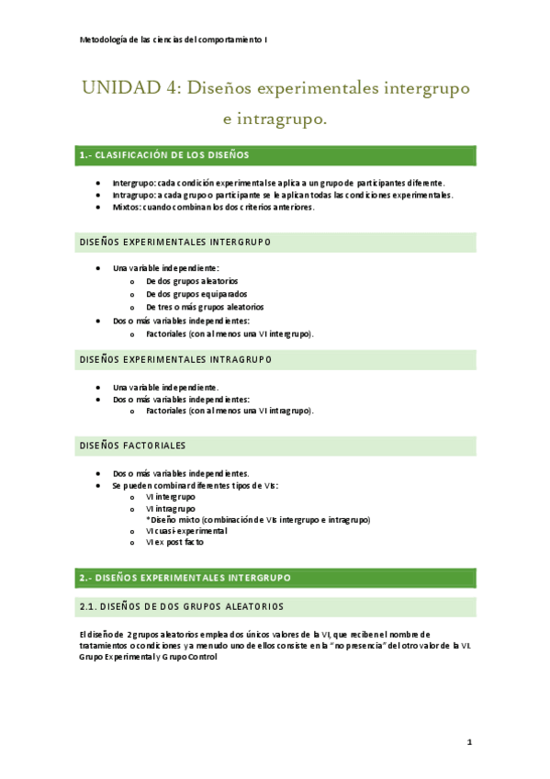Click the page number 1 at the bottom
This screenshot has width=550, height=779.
point(468,741)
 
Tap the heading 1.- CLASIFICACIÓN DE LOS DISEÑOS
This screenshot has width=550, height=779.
point(164,155)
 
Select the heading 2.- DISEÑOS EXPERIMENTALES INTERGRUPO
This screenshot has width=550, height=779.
point(185,578)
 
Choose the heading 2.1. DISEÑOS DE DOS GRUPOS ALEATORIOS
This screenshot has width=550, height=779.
point(182,606)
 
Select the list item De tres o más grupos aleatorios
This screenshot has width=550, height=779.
point(205,307)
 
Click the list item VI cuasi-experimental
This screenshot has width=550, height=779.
point(186,531)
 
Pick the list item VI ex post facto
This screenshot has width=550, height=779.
point(175,543)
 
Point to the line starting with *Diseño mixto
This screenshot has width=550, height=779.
point(258,520)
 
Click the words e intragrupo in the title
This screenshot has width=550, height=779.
point(275,119)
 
